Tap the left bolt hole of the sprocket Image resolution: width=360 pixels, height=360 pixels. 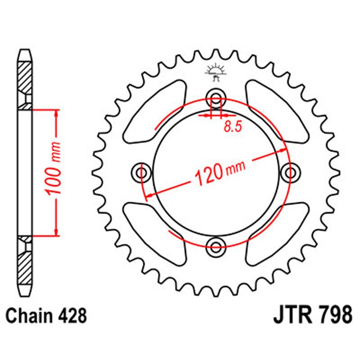[x=143, y=172]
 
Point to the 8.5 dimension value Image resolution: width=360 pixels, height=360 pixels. [x=232, y=127]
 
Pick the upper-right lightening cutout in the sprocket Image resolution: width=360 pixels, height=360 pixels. [x=277, y=110]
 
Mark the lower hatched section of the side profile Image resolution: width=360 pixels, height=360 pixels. [x=25, y=263]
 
